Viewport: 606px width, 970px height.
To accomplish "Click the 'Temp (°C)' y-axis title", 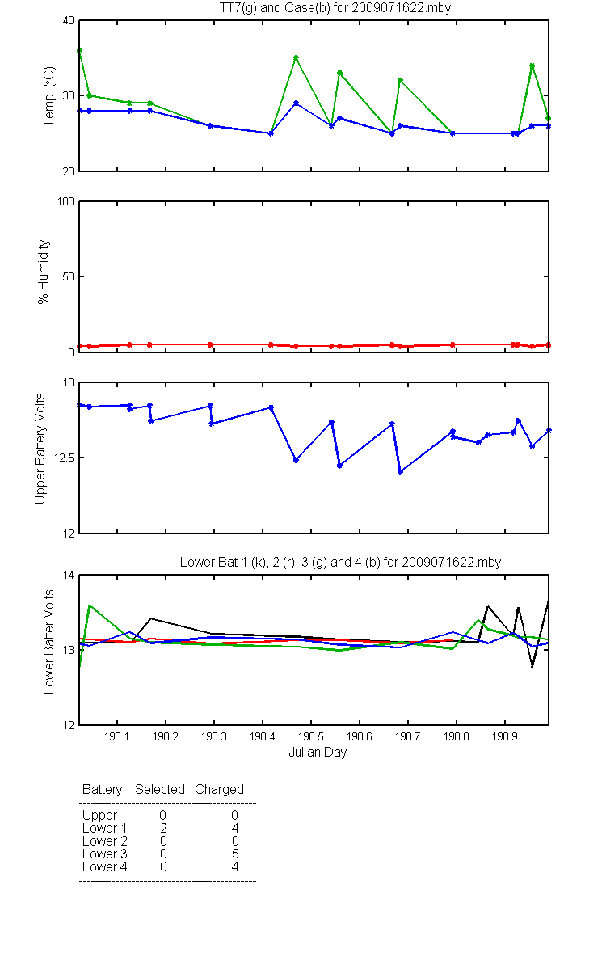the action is (49, 96).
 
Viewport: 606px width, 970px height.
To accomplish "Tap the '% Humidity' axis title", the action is (44, 272).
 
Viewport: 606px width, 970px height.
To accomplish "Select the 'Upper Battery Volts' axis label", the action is (40, 449).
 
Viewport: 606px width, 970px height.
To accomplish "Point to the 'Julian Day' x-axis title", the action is (318, 753).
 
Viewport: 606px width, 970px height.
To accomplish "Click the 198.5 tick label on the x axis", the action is (311, 736).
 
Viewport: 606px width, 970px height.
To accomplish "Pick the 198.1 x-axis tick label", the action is (117, 736).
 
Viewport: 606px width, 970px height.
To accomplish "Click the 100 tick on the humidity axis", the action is (65, 201).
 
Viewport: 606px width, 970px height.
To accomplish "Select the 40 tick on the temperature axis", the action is (69, 21).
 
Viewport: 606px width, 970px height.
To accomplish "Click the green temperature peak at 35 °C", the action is (296, 57).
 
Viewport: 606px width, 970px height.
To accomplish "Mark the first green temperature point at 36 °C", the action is (79, 50).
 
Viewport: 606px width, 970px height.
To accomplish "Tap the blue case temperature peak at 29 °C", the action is (296, 103).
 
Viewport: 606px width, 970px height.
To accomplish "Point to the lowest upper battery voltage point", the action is (400, 472).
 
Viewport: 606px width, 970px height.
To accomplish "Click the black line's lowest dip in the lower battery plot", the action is (532, 667).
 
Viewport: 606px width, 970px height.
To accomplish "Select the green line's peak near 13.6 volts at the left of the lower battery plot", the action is (89, 605).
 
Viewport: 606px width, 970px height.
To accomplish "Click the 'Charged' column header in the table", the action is (219, 790).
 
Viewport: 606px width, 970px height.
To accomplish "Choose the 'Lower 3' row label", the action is (105, 854).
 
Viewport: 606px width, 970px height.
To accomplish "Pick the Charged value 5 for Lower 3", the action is (235, 854).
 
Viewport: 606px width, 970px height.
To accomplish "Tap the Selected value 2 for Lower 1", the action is (163, 828).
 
